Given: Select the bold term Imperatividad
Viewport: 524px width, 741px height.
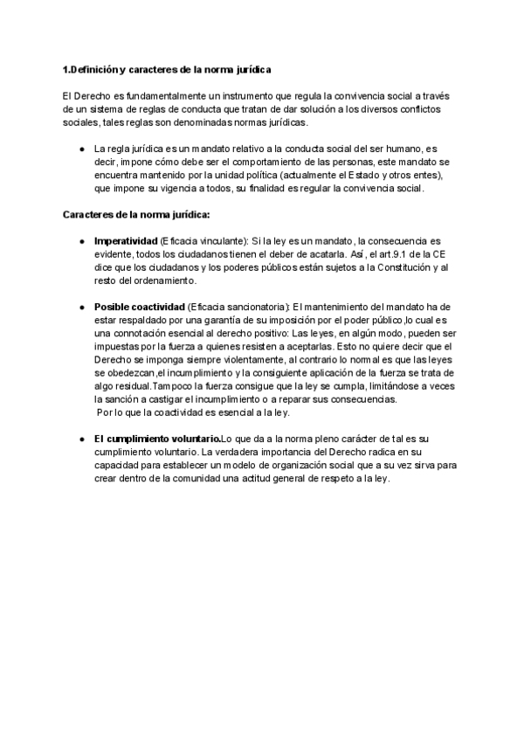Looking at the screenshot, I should coord(126,240).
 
